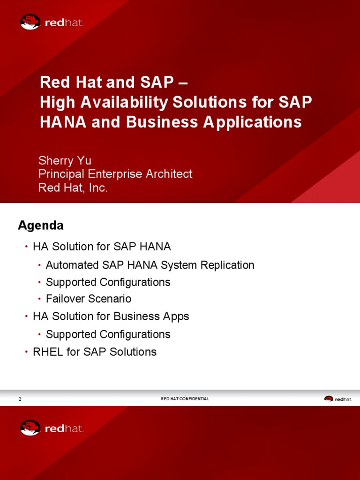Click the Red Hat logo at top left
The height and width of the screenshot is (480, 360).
[52, 22]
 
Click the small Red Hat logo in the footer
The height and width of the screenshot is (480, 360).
[337, 399]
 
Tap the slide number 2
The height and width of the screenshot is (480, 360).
[20, 399]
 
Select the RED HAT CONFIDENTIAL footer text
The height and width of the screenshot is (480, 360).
[185, 399]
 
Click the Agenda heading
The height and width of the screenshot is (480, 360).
[41, 225]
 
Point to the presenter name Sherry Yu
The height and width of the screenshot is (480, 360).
[65, 161]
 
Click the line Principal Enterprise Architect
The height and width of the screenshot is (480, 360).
[115, 174]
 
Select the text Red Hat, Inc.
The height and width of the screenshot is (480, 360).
[73, 187]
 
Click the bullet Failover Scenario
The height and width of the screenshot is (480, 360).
[89, 299]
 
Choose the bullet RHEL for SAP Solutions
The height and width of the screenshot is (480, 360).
[95, 352]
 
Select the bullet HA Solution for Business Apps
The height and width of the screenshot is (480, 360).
[111, 316]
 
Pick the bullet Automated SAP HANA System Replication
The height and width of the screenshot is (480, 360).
[150, 265]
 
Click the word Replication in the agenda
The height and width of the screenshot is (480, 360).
[227, 265]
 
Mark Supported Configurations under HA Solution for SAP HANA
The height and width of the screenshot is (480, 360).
[108, 282]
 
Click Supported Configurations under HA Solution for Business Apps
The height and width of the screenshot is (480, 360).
[108, 335]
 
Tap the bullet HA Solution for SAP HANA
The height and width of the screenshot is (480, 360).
[102, 247]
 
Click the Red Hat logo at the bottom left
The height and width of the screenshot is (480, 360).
[52, 428]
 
